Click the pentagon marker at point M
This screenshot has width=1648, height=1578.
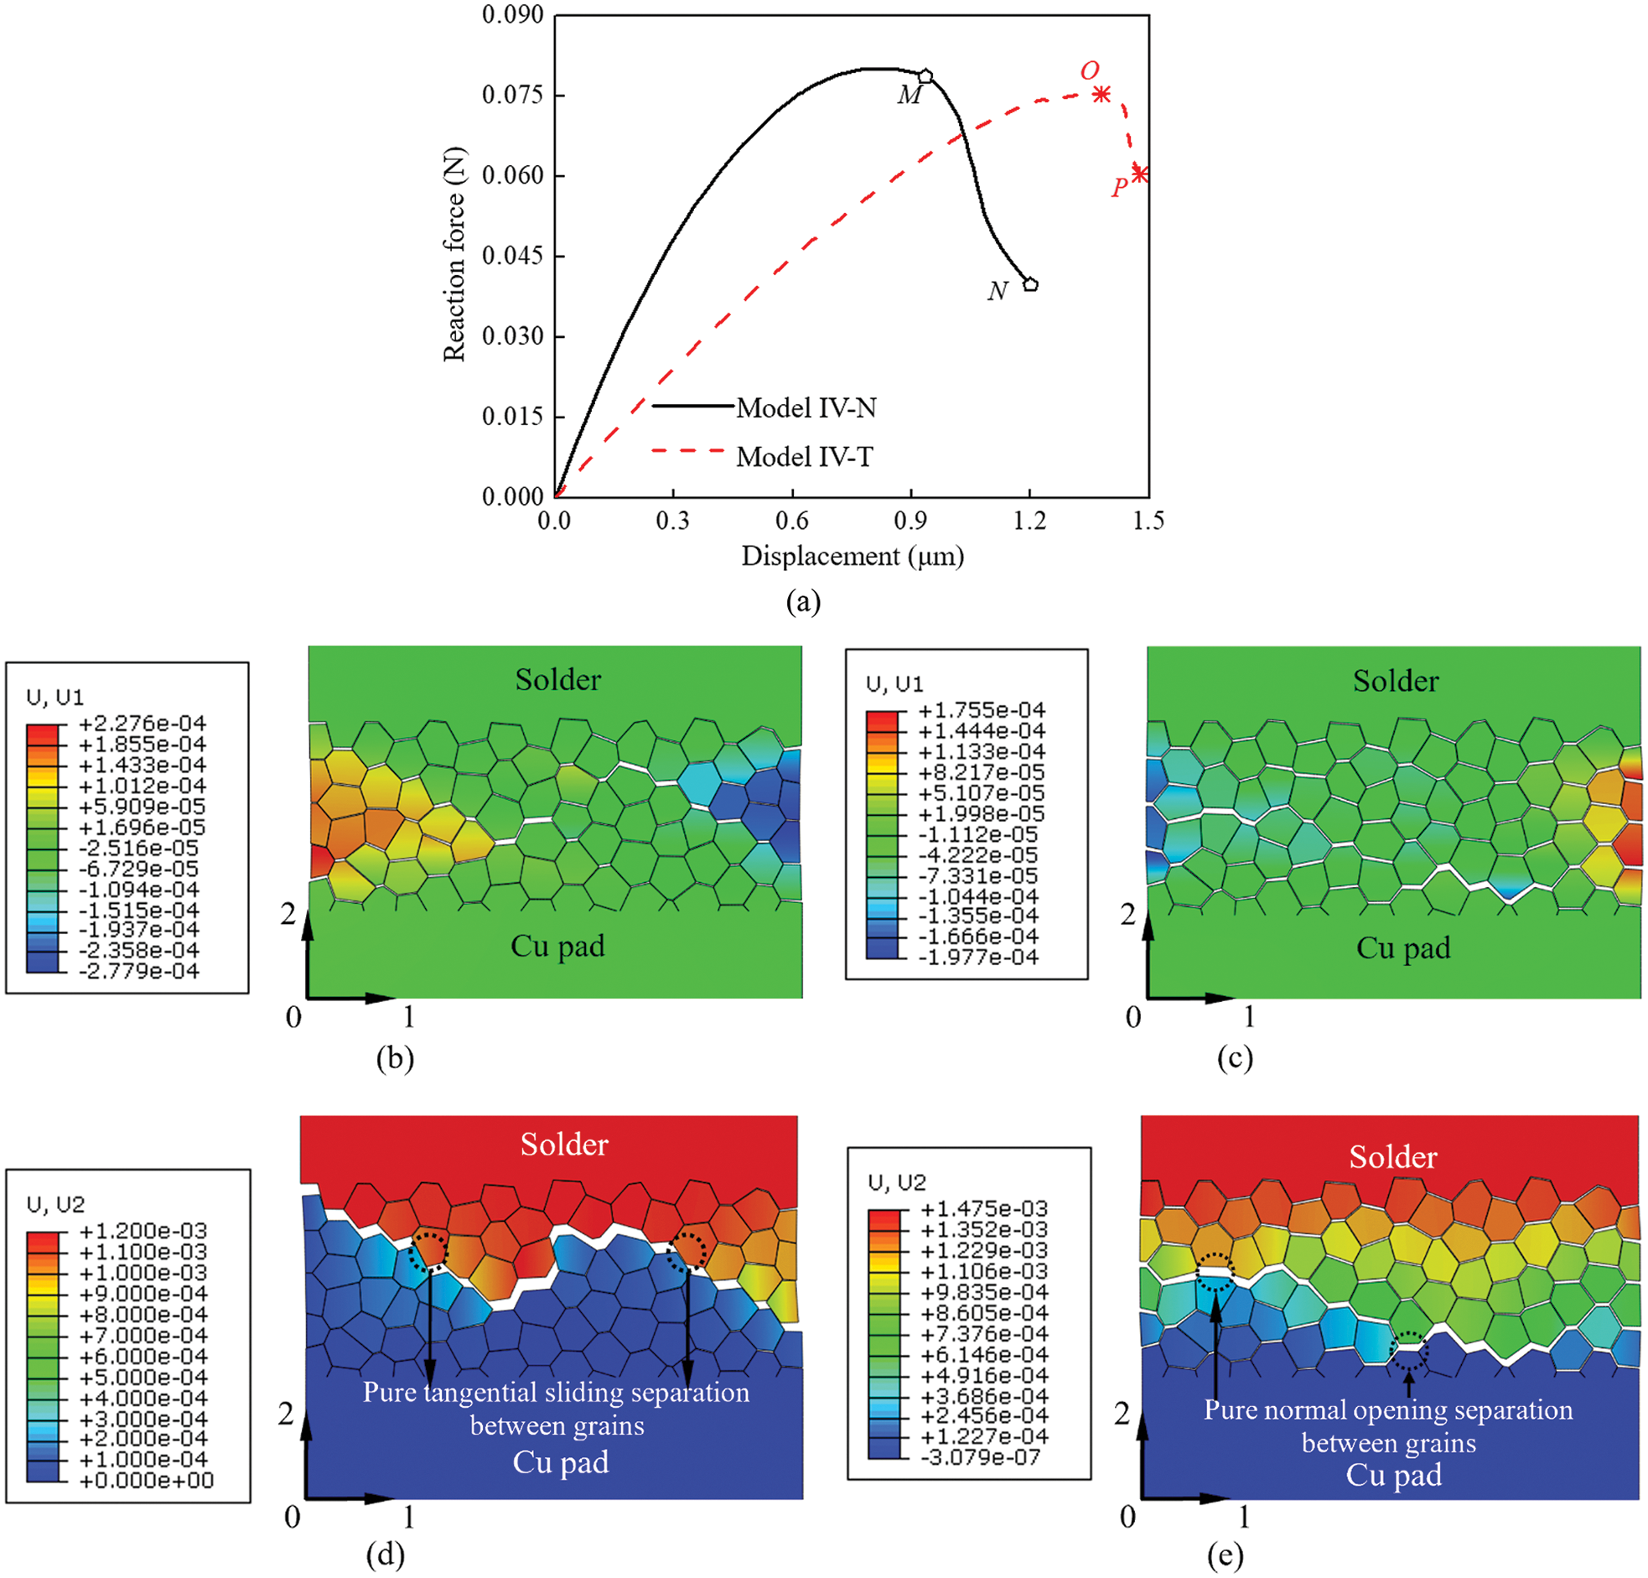pos(925,75)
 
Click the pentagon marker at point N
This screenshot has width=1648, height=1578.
pos(1031,284)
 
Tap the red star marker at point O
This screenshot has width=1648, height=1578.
pos(1101,94)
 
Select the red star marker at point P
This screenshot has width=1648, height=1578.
pos(1139,174)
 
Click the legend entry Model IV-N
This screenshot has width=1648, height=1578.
pos(806,408)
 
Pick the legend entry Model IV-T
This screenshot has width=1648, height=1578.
pos(805,457)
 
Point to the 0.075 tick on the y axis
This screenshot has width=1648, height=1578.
pos(513,95)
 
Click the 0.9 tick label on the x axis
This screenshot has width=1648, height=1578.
pos(910,522)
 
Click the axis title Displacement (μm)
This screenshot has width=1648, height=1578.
pos(852,556)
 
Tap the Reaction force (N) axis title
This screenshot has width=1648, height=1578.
pos(454,254)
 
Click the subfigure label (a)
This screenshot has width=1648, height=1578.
pos(803,601)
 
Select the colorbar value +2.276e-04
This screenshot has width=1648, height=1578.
pos(143,724)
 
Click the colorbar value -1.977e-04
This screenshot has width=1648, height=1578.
pos(982,957)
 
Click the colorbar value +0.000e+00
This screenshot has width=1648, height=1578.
pos(146,1481)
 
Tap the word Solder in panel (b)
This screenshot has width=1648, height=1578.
pos(557,680)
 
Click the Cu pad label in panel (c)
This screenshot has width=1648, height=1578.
pos(1402,948)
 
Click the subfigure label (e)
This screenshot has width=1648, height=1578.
pos(1224,1557)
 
